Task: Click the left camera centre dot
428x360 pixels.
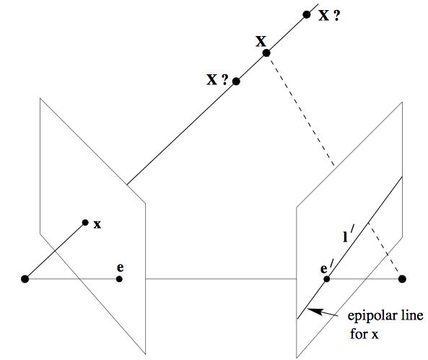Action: (x=25, y=279)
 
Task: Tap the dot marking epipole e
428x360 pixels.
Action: (x=119, y=279)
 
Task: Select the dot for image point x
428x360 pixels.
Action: (x=85, y=222)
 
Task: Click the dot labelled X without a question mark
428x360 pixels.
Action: (x=266, y=53)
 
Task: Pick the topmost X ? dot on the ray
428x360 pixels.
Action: (x=307, y=14)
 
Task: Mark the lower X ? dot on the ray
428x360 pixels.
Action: (x=236, y=82)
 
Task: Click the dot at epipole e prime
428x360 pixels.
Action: (x=326, y=279)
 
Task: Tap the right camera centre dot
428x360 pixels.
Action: (x=402, y=279)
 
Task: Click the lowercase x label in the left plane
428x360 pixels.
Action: (x=97, y=224)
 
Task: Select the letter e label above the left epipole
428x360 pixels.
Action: (x=120, y=268)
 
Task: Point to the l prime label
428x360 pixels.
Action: (x=348, y=234)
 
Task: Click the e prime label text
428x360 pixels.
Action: (x=327, y=267)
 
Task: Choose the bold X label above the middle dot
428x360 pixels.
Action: (x=261, y=42)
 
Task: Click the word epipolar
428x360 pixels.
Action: (x=369, y=317)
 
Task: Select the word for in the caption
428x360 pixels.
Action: (x=358, y=333)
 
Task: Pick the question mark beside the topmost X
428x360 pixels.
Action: (x=336, y=16)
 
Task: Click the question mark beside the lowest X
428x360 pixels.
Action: (x=224, y=79)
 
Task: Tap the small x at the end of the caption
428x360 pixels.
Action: (x=375, y=335)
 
